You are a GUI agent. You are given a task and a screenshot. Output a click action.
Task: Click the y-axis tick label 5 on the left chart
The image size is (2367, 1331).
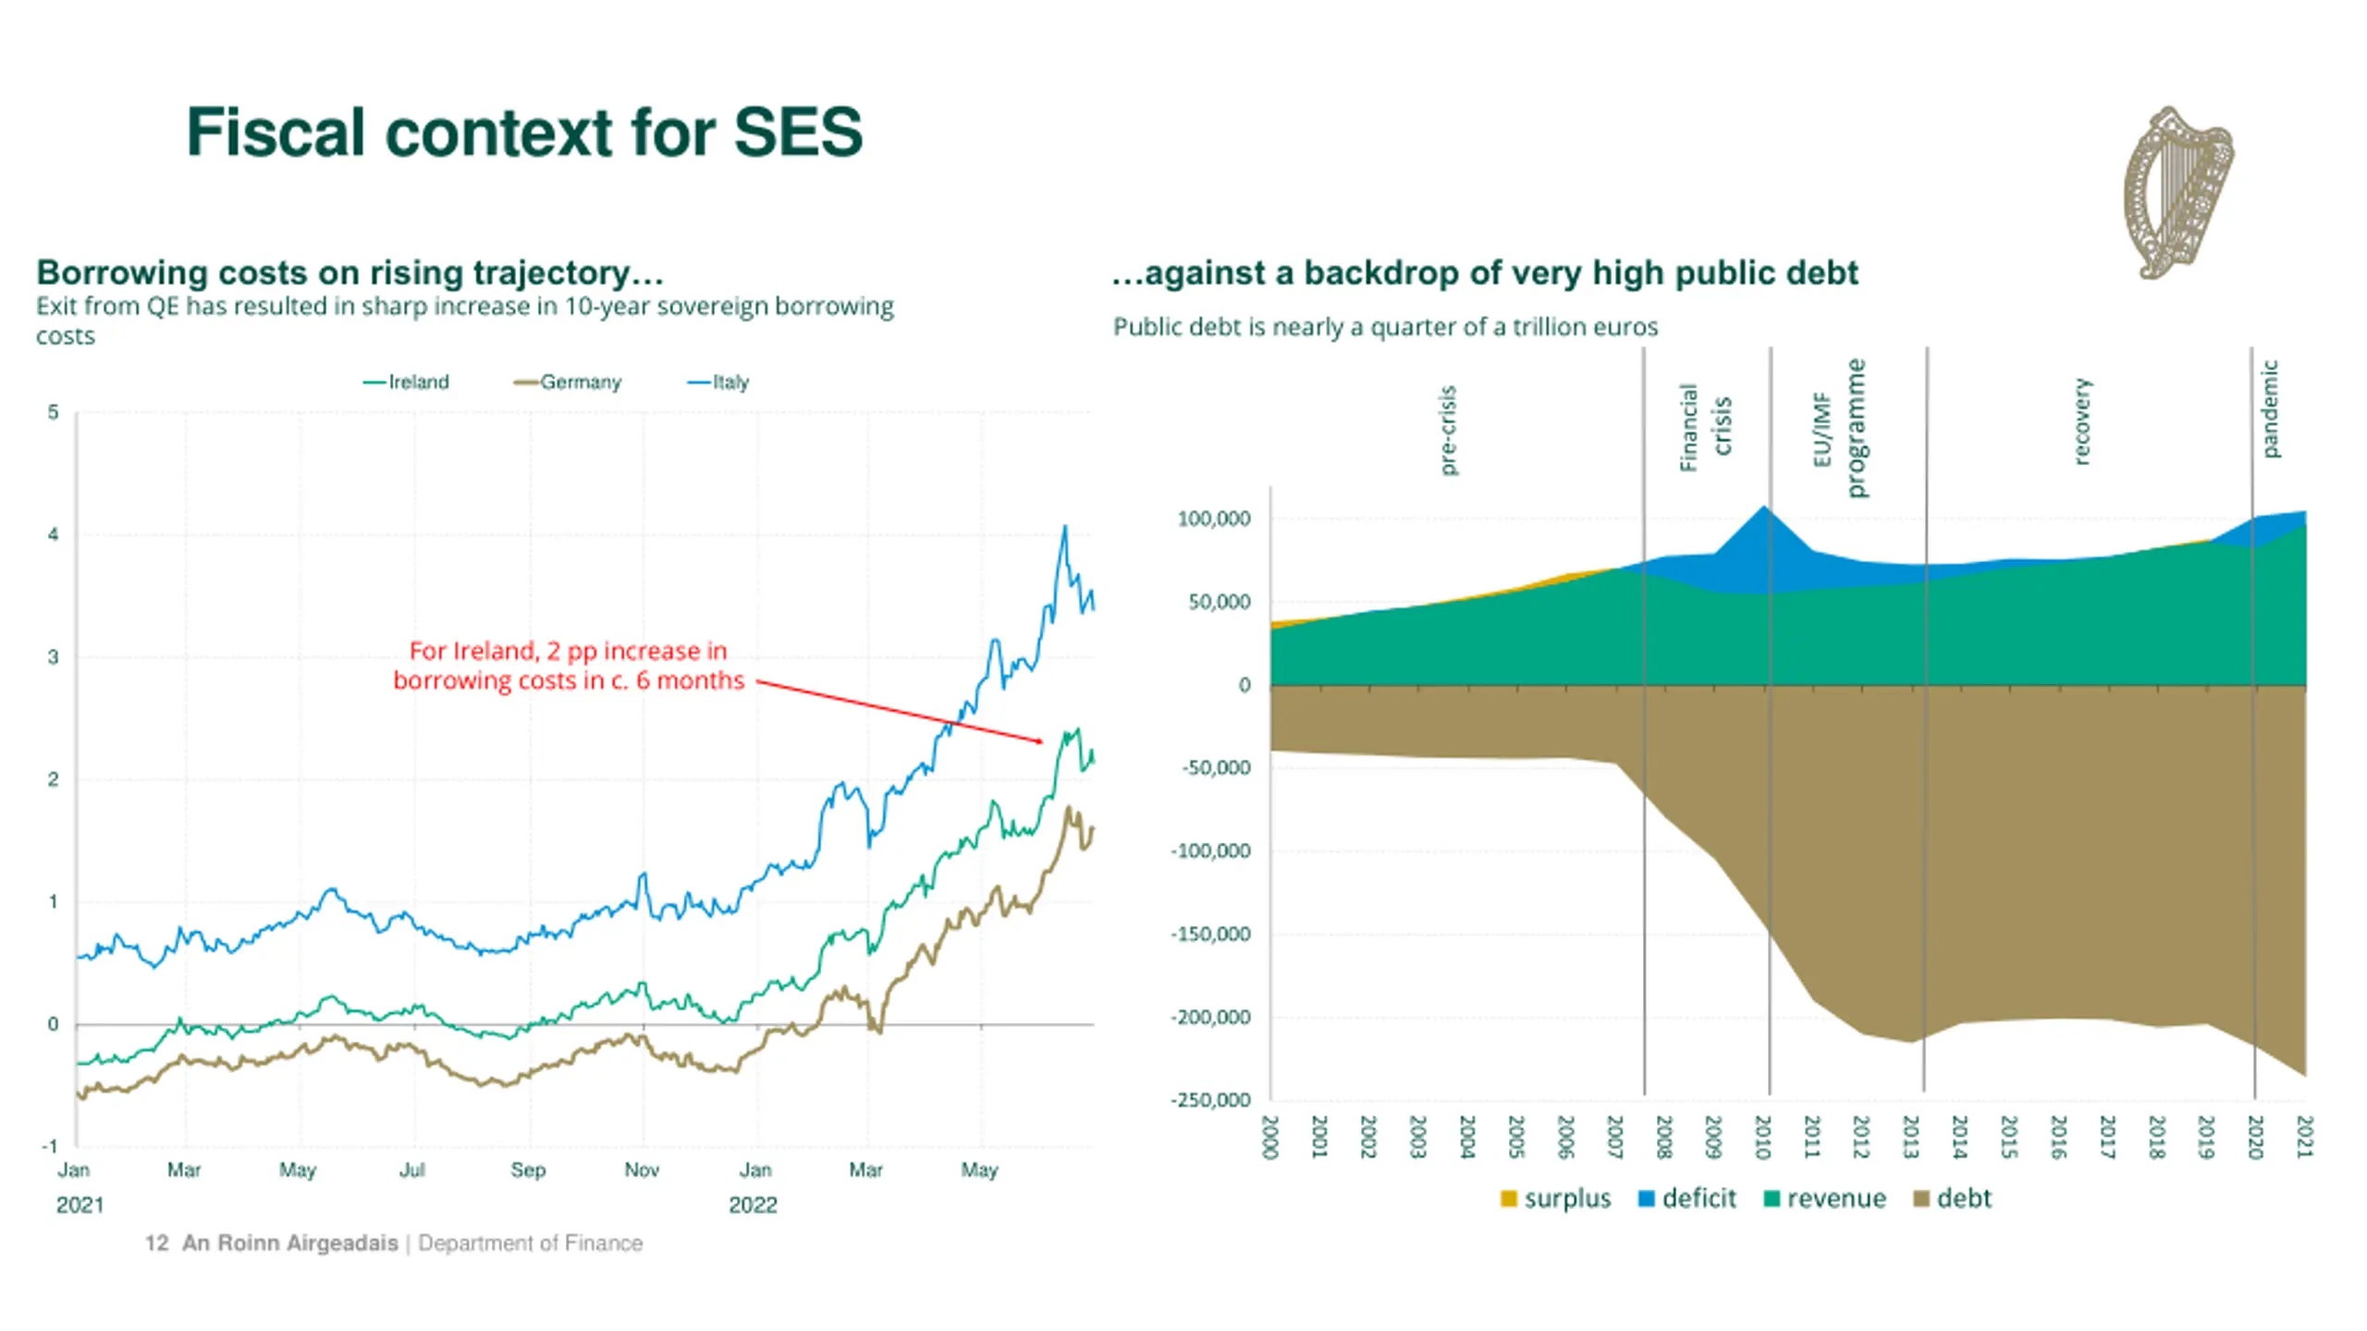pyautogui.click(x=53, y=412)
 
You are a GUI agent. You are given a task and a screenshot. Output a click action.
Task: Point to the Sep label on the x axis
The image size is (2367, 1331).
pyautogui.click(x=528, y=1170)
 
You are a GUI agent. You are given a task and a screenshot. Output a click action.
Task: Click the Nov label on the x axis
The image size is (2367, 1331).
pyautogui.click(x=642, y=1170)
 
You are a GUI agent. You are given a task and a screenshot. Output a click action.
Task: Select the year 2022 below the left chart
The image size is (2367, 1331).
pyautogui.click(x=753, y=1205)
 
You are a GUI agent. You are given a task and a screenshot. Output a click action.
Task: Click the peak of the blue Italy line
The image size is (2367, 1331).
pyautogui.click(x=1064, y=527)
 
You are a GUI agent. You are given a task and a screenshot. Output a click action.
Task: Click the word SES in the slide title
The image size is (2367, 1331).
pyautogui.click(x=797, y=132)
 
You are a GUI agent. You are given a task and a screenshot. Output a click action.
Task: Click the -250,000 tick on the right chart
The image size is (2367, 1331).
pyautogui.click(x=1210, y=1100)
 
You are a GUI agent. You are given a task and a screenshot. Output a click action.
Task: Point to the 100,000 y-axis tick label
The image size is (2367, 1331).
pyautogui.click(x=1213, y=519)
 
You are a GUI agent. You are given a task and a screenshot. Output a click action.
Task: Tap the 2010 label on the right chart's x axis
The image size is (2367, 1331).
pyautogui.click(x=1762, y=1137)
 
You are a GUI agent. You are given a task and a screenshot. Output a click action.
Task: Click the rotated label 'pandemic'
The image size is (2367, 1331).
pyautogui.click(x=2270, y=409)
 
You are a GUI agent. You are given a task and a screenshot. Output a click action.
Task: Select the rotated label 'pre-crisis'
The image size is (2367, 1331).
pyautogui.click(x=1448, y=430)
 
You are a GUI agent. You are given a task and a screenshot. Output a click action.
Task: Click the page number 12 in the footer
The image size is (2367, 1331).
pyautogui.click(x=156, y=1243)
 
